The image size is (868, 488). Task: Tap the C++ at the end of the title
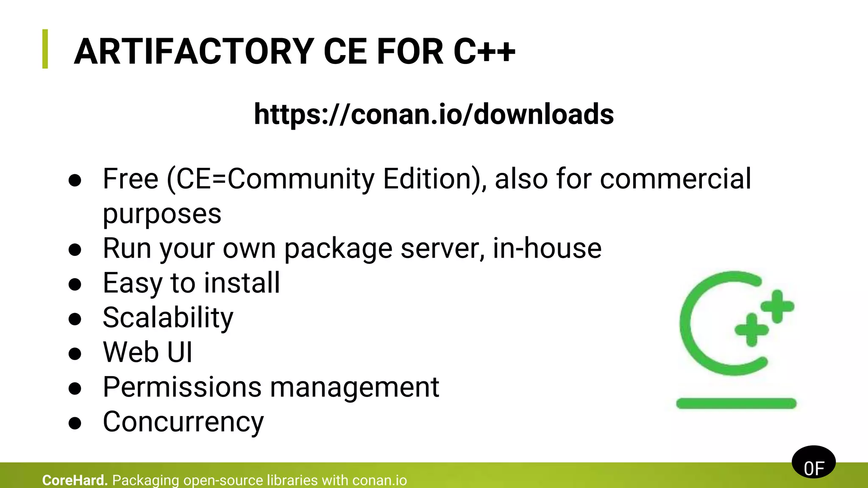[484, 52]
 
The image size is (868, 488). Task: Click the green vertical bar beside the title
[45, 49]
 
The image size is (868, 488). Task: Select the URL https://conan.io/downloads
[434, 114]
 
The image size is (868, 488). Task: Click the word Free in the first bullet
[131, 179]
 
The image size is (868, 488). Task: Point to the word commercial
[676, 179]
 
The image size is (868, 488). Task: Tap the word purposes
[162, 213]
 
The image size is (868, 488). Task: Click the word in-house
[547, 248]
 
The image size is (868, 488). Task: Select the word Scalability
[168, 318]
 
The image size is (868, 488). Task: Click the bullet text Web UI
[147, 352]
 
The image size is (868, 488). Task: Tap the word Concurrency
[183, 422]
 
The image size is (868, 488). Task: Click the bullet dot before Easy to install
[75, 284]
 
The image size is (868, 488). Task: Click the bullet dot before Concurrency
[75, 423]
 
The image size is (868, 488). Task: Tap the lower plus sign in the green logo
[751, 330]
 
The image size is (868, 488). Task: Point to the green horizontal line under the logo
[736, 403]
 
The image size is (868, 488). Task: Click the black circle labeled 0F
[813, 462]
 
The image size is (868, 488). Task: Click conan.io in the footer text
[379, 480]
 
